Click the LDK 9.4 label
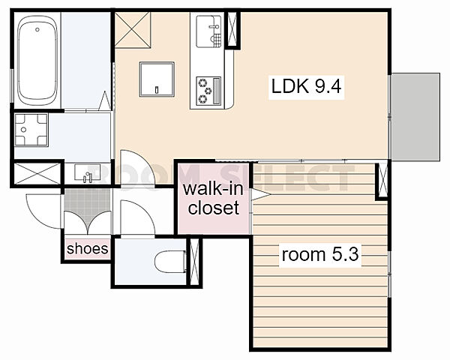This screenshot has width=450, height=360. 306,86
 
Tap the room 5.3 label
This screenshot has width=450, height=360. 320,254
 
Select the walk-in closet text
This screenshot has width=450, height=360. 213,198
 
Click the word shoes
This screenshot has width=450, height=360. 87,248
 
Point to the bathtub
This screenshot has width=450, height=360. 37,61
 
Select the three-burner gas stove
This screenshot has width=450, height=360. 208,91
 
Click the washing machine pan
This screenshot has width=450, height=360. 31,130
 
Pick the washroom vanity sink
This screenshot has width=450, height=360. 87,172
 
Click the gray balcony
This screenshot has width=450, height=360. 415,117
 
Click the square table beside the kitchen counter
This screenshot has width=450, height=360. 157,79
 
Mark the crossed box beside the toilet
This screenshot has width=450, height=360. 194,262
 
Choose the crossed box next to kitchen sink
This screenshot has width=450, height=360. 232,29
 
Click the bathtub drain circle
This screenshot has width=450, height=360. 37,29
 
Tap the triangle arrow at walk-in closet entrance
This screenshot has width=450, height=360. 260,194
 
